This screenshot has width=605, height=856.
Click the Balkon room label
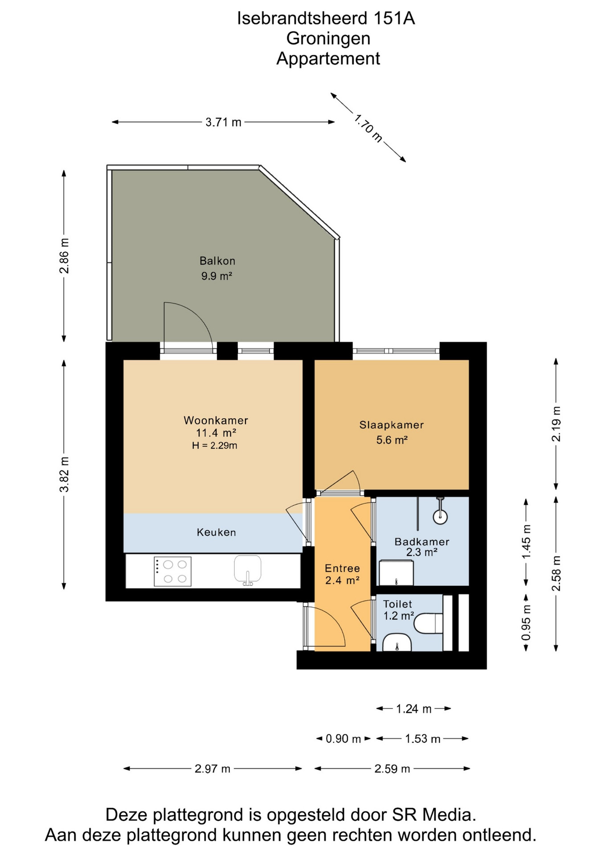[x=217, y=261]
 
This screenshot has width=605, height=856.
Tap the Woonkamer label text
[x=216, y=420]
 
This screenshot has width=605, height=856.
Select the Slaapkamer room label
[x=392, y=425]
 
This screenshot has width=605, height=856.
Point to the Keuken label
[x=216, y=532]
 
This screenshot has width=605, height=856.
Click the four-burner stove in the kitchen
[x=172, y=571]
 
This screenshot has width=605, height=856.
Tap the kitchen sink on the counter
[x=248, y=570]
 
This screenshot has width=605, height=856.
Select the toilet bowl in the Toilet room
[x=428, y=623]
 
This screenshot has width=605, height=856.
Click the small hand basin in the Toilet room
[x=397, y=642]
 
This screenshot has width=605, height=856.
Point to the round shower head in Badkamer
[x=440, y=517]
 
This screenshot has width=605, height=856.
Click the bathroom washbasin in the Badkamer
[x=396, y=573]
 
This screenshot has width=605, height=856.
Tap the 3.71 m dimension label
[x=223, y=122]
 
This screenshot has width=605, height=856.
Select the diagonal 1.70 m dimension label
[x=368, y=128]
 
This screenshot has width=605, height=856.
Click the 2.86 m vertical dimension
[x=65, y=256]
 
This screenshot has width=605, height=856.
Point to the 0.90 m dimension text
[x=343, y=739]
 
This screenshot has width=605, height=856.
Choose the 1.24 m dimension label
[x=414, y=709]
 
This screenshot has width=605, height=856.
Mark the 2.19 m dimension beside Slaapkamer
[x=556, y=424]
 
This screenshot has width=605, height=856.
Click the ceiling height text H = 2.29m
[x=214, y=445]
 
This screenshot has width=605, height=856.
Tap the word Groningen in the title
[x=328, y=39]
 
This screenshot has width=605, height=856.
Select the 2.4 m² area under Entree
[x=342, y=580]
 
